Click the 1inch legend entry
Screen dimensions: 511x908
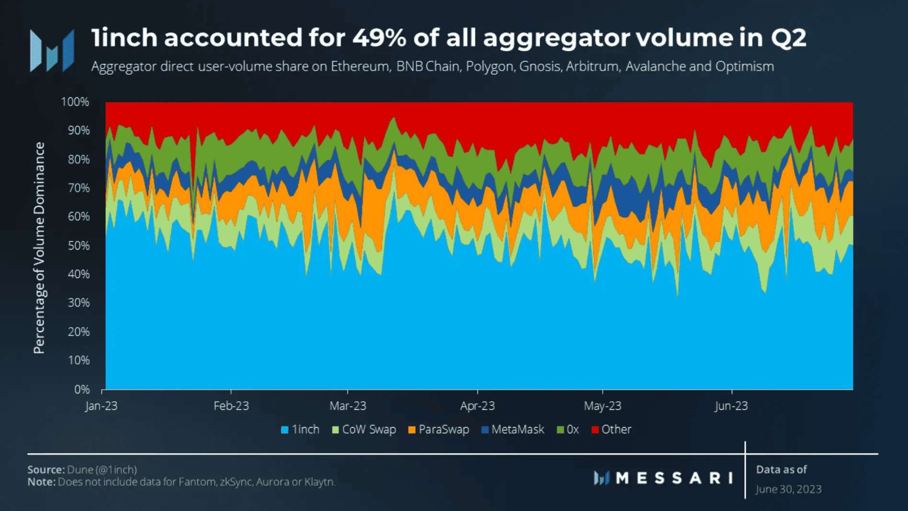300,430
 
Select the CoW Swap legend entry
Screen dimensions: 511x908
364,430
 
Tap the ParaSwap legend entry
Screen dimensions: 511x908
438,430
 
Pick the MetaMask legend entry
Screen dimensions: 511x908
512,430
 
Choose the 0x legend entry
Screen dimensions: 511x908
568,430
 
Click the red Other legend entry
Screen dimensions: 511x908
612,430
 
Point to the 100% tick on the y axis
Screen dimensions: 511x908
75,102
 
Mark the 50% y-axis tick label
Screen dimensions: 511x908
79,246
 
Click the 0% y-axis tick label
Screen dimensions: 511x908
82,390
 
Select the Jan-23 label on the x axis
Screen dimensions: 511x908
101,406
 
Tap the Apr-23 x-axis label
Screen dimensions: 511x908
477,406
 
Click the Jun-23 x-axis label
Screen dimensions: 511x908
731,406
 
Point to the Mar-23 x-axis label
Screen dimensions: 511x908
348,406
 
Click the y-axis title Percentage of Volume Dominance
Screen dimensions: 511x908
39,247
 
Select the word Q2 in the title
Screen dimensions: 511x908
788,38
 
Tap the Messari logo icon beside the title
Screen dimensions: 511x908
52,51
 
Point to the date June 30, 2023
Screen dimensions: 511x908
789,489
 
